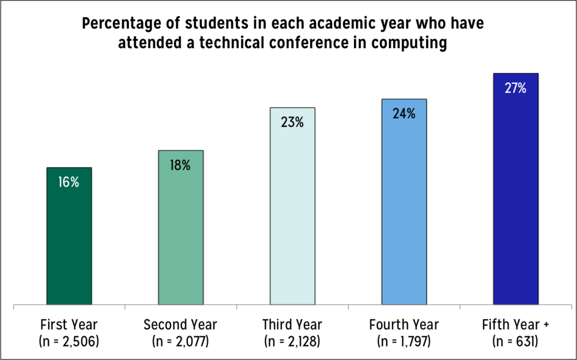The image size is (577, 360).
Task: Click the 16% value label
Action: point(69,182)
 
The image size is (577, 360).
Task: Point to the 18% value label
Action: point(180,165)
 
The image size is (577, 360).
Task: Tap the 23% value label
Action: point(292,122)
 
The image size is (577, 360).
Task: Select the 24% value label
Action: point(404,114)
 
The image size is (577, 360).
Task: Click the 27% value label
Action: point(515,88)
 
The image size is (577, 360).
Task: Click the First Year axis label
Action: point(69,325)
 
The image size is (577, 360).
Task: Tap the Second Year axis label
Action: point(180,325)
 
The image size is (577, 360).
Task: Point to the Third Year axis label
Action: point(292,325)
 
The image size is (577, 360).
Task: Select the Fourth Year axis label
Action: point(404,325)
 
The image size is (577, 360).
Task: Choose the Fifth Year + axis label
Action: point(515,325)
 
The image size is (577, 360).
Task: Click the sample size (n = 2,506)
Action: point(69,340)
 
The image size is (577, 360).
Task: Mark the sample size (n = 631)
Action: point(515,340)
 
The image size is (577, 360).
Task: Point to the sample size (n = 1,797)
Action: point(404,340)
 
